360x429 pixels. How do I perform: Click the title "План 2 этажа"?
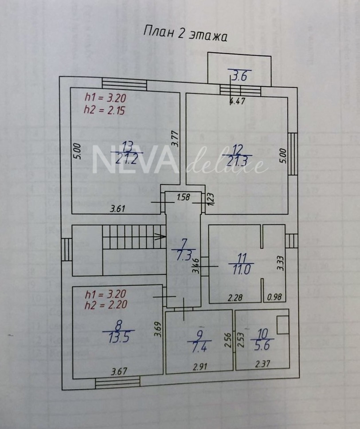click(x=185, y=35)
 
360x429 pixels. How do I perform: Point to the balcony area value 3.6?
click(x=239, y=76)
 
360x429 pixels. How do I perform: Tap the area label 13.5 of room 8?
click(x=118, y=338)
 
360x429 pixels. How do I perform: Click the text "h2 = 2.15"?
click(x=104, y=111)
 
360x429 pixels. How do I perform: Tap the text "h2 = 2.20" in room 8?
click(x=106, y=304)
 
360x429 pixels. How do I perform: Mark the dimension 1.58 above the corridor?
click(x=183, y=197)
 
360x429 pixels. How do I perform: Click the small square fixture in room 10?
click(x=282, y=325)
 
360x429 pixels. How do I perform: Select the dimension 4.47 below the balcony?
click(x=238, y=101)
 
